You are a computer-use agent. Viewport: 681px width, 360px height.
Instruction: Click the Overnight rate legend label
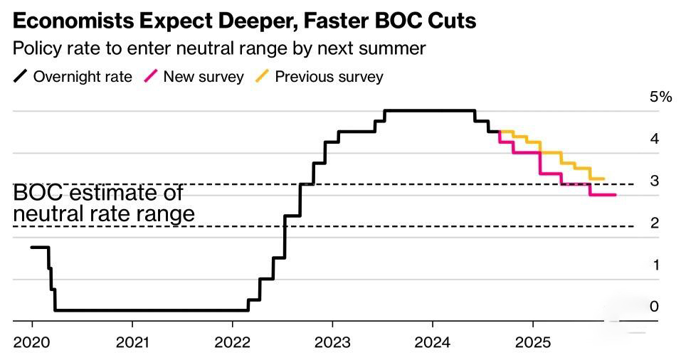(x=83, y=77)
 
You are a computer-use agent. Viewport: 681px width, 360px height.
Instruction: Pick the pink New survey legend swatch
(x=151, y=76)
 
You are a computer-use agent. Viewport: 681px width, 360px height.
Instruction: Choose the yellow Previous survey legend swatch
(x=263, y=76)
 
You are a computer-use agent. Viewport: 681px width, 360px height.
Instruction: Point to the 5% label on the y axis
(x=660, y=97)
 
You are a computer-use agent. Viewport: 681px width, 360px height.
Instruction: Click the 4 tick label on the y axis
(x=654, y=139)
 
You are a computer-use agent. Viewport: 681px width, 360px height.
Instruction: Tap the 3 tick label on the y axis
(x=654, y=181)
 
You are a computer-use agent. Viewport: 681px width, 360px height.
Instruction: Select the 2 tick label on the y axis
(x=654, y=223)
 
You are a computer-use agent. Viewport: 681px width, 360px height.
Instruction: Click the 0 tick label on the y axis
(x=654, y=307)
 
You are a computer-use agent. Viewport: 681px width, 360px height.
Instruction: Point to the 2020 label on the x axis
(x=32, y=342)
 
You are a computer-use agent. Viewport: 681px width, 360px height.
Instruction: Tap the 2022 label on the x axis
(x=233, y=342)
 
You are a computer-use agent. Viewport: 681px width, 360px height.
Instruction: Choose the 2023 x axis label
(x=332, y=342)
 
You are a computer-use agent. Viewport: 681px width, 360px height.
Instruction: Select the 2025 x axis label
(x=533, y=342)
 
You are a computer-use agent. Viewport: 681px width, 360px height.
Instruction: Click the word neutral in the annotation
(x=41, y=213)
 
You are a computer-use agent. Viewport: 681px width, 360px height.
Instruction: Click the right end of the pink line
(x=615, y=195)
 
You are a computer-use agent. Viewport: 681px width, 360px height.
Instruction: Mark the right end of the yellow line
(x=603, y=179)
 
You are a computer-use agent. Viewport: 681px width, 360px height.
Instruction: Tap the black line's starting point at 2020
(x=32, y=247)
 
